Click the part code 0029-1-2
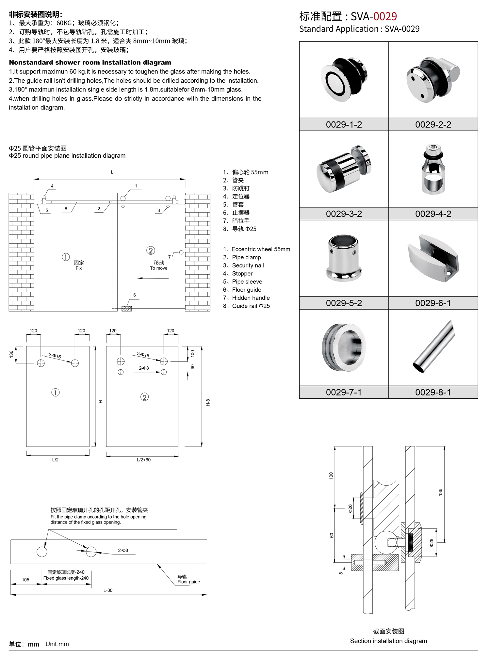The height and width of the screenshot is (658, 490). tap(344, 124)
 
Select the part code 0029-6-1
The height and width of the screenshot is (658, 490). tap(433, 303)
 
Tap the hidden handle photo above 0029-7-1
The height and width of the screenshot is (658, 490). tap(344, 347)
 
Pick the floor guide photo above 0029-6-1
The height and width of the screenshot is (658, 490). tap(433, 258)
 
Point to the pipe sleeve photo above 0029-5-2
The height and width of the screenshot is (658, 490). tap(344, 258)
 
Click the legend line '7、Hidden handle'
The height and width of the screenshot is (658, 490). tap(247, 298)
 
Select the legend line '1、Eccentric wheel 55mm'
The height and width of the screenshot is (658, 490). tap(257, 249)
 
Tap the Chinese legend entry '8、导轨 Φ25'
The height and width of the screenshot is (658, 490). tap(240, 229)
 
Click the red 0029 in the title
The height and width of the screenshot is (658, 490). tap(385, 16)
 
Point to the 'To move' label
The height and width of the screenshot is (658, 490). tap(159, 268)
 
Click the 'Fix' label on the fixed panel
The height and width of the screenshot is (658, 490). tap(79, 268)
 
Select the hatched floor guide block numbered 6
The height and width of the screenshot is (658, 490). tap(127, 309)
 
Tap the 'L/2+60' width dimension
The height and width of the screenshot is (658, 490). tap(143, 460)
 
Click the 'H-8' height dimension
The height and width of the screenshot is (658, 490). tap(208, 402)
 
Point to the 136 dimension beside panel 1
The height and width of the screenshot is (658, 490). tap(11, 354)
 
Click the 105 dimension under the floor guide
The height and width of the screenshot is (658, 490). tap(25, 580)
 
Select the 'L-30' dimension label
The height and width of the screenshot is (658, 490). tap(108, 590)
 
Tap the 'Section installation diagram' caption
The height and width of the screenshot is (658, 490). tap(388, 641)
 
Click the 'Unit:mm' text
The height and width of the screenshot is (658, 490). tap(57, 644)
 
